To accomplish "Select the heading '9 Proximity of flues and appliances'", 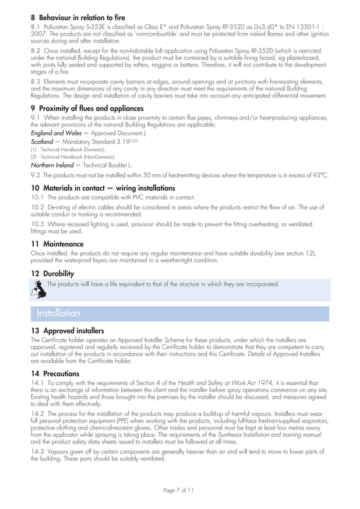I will point(87,108).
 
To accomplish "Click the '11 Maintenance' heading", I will point(57,244).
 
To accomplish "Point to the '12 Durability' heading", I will point(52,274).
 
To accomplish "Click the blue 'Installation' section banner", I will point(59,313).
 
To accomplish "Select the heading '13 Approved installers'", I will point(67,331).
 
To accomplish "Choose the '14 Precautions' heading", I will point(55,374).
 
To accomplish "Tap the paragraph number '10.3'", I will point(37,225).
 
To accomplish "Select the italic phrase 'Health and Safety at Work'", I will point(210,383).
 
